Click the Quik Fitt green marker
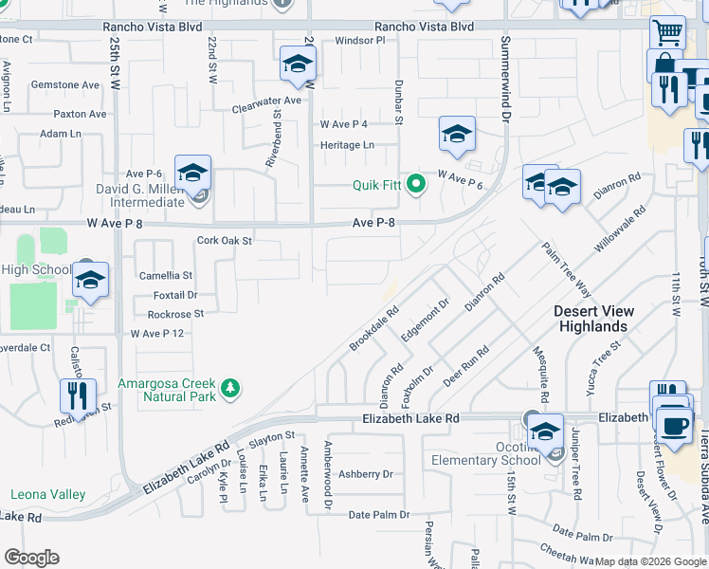point(414,186)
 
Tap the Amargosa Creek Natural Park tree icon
point(228,389)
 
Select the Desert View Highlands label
point(594,319)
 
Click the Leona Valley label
point(47,494)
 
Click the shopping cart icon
point(667,32)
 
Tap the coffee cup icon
point(673,423)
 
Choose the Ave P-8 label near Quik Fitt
point(373,223)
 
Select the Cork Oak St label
point(224,241)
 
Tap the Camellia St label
point(166,275)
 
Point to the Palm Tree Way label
point(567,269)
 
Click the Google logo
point(31,558)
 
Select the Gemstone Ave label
point(64,84)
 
